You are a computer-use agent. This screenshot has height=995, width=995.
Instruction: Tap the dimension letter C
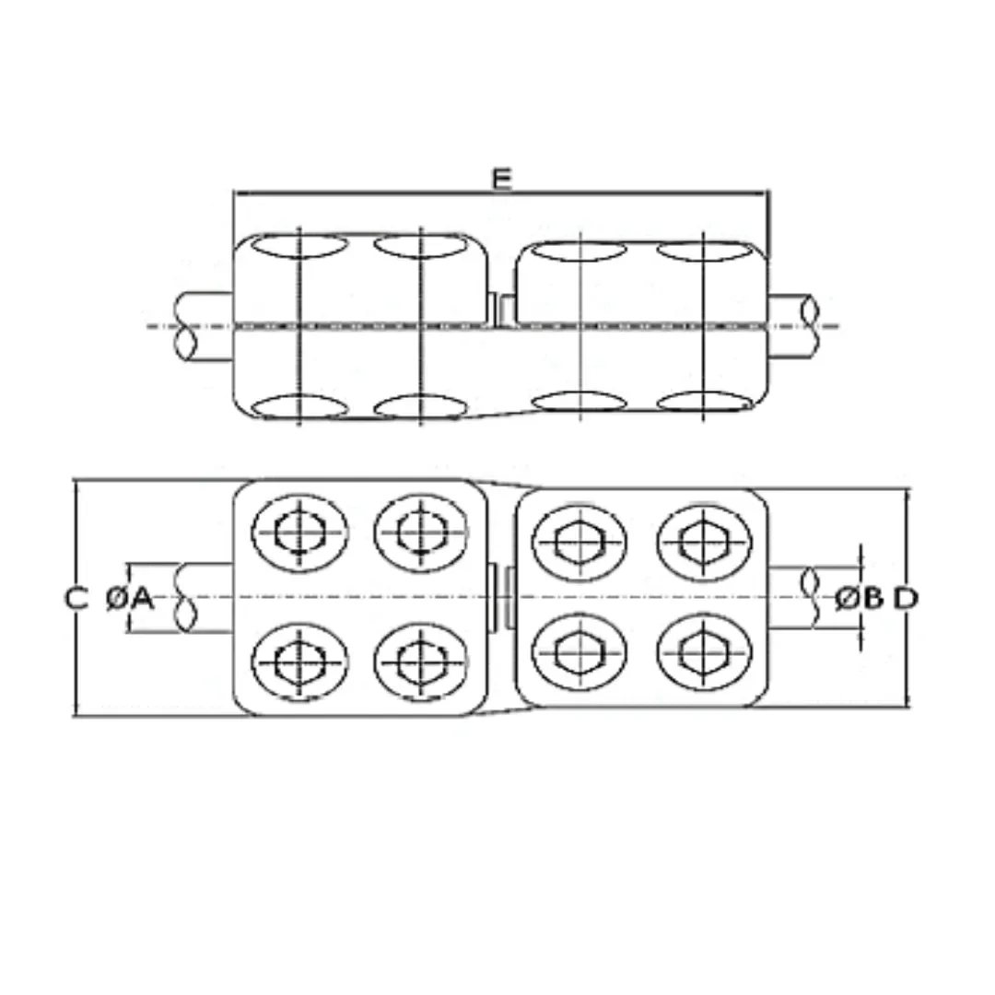pyautogui.click(x=76, y=599)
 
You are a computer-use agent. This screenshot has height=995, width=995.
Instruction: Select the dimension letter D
pyautogui.click(x=907, y=599)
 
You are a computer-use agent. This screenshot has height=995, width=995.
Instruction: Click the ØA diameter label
pyautogui.click(x=130, y=599)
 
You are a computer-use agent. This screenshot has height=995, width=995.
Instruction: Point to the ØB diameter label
pyautogui.click(x=859, y=599)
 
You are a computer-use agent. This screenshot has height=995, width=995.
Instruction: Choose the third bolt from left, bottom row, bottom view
pyautogui.click(x=579, y=652)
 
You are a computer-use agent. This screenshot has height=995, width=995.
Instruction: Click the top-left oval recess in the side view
pyautogui.click(x=299, y=246)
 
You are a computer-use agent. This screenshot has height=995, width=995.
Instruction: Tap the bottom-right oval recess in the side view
pyautogui.click(x=705, y=402)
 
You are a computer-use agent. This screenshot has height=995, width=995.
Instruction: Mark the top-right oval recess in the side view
pyautogui.click(x=705, y=251)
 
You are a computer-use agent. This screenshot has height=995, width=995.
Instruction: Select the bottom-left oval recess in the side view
pyautogui.click(x=299, y=405)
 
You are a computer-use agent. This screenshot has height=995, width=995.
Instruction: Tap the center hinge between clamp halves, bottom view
pyautogui.click(x=499, y=599)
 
